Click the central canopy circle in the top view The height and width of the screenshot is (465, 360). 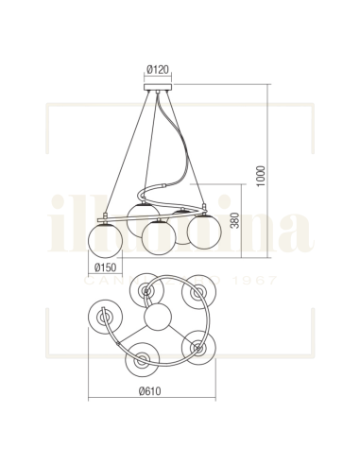click(159, 317)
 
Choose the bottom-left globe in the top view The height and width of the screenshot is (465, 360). click(141, 360)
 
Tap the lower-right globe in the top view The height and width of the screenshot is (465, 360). click(198, 349)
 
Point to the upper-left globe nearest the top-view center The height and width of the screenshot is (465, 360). click(146, 290)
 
